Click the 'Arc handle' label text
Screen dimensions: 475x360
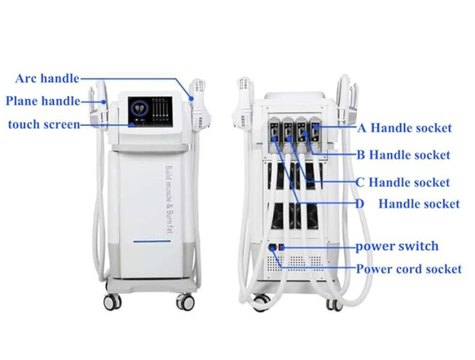tap(47, 78)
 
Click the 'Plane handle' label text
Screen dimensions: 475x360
tap(43, 101)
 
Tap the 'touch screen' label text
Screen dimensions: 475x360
tap(44, 125)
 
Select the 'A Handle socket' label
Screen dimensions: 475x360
tap(404, 128)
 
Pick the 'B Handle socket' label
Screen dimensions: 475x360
tap(403, 155)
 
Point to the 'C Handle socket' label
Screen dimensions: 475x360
tap(403, 182)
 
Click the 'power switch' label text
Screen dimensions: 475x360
tap(397, 246)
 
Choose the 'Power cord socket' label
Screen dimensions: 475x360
tap(409, 269)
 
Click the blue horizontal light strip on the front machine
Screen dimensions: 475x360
tap(152, 241)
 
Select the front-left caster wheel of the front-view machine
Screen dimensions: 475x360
tap(113, 301)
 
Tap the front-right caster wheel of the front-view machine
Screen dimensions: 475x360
tap(185, 301)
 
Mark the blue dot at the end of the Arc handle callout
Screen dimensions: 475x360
tap(192, 99)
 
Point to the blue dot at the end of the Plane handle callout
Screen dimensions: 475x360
tap(104, 102)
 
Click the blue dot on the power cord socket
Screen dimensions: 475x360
tap(272, 248)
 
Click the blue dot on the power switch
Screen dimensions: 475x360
tap(281, 248)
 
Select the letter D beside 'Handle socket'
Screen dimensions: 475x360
tap(359, 204)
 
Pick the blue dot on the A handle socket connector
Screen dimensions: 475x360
tap(316, 127)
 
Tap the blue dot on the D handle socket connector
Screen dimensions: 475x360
tap(274, 139)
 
